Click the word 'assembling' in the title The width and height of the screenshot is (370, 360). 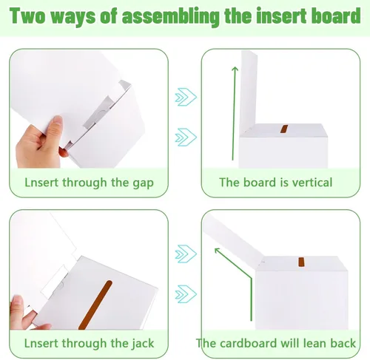[171, 16]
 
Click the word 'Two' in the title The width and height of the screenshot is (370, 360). [27, 16]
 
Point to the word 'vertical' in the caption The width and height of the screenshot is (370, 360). [312, 183]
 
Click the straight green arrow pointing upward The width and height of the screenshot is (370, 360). [234, 114]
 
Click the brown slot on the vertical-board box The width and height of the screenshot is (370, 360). [284, 129]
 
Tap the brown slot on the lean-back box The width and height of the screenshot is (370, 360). [301, 262]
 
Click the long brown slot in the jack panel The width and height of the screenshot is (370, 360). [95, 305]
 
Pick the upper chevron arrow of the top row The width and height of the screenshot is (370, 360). [186, 97]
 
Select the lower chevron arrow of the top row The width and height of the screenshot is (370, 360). [186, 137]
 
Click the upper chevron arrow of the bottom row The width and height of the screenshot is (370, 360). [186, 254]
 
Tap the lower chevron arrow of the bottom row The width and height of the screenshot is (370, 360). [186, 294]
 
